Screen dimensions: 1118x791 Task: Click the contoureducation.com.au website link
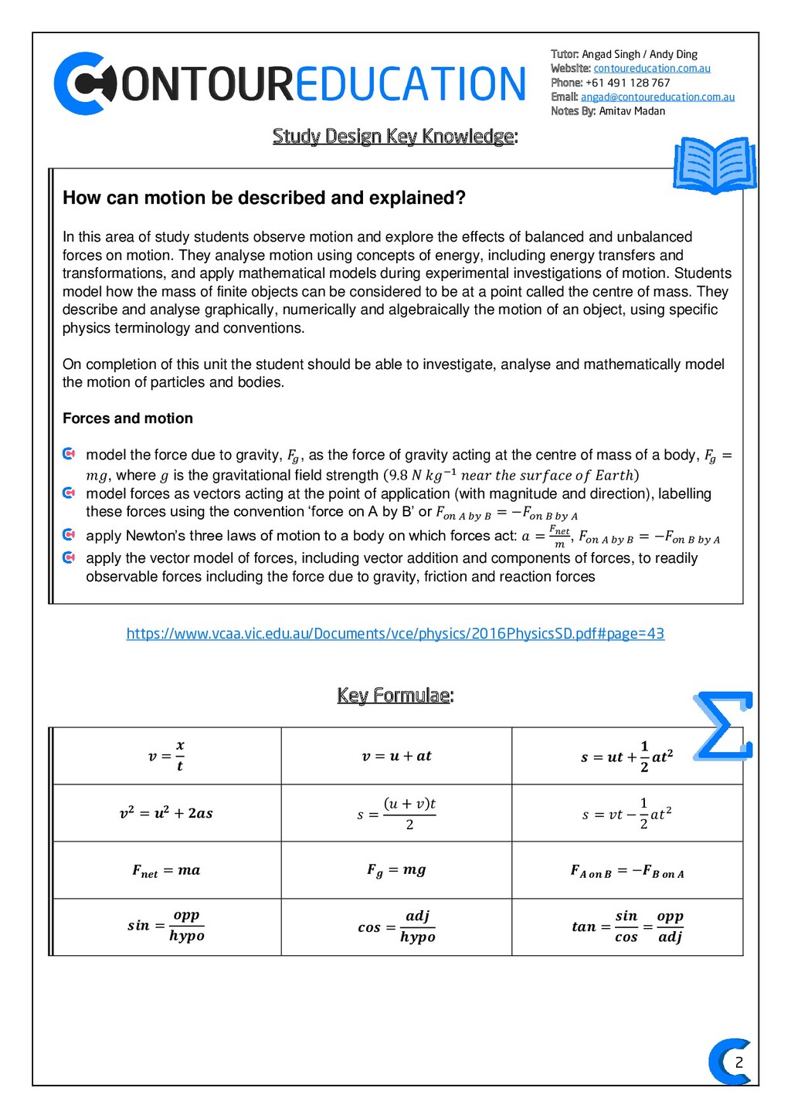(x=651, y=69)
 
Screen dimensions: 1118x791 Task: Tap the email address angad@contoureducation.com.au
(x=657, y=97)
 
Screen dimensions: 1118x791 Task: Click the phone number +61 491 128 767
(x=627, y=83)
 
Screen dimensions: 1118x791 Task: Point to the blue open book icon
(x=715, y=165)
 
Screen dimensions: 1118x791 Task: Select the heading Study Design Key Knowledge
(x=395, y=137)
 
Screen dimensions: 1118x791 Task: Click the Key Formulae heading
(x=395, y=696)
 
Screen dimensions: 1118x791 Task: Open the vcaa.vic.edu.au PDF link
(x=395, y=634)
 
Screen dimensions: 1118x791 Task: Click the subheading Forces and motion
(x=127, y=418)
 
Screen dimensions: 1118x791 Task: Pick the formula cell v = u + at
(x=396, y=756)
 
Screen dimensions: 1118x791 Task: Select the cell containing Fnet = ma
(x=166, y=870)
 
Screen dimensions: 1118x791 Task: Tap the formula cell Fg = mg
(x=396, y=870)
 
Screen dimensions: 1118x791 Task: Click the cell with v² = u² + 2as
(x=166, y=813)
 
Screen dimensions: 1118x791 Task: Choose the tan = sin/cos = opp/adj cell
(x=627, y=927)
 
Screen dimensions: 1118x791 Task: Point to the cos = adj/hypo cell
(x=396, y=927)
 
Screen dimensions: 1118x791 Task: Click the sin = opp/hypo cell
(x=166, y=927)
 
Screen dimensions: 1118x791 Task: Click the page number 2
(x=738, y=1062)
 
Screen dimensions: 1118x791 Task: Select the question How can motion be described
(x=264, y=198)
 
